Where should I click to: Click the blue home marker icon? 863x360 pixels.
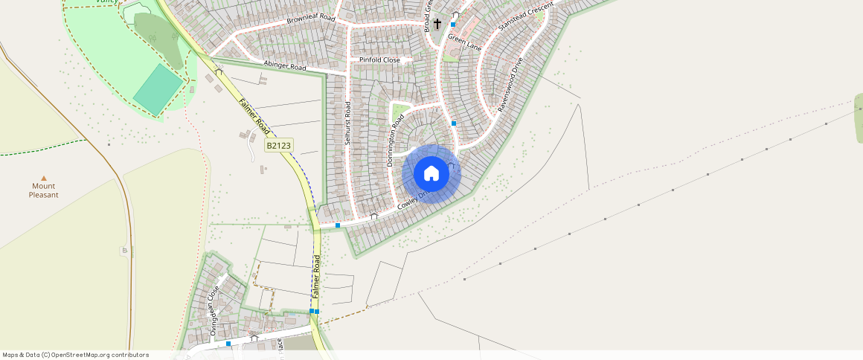coord(431,174)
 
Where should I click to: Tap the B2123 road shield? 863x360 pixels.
coord(278,146)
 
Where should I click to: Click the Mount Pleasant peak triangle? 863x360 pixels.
coord(44,178)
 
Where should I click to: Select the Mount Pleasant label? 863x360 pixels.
coord(44,190)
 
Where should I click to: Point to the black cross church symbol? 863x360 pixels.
coord(437,24)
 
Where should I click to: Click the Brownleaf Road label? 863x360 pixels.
coord(311,19)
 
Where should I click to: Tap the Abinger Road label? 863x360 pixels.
coord(284,66)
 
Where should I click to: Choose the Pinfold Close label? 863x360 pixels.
coord(379,60)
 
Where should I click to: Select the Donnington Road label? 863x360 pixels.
coord(394,141)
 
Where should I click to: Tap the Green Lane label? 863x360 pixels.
coord(464,43)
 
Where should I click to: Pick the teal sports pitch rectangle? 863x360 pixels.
coord(158,89)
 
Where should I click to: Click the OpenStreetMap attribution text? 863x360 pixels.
coord(75,355)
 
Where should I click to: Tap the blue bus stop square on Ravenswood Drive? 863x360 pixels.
coord(454,123)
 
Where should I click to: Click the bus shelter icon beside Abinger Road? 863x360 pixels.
coord(219,71)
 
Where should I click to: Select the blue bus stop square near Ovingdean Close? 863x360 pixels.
coord(228,344)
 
